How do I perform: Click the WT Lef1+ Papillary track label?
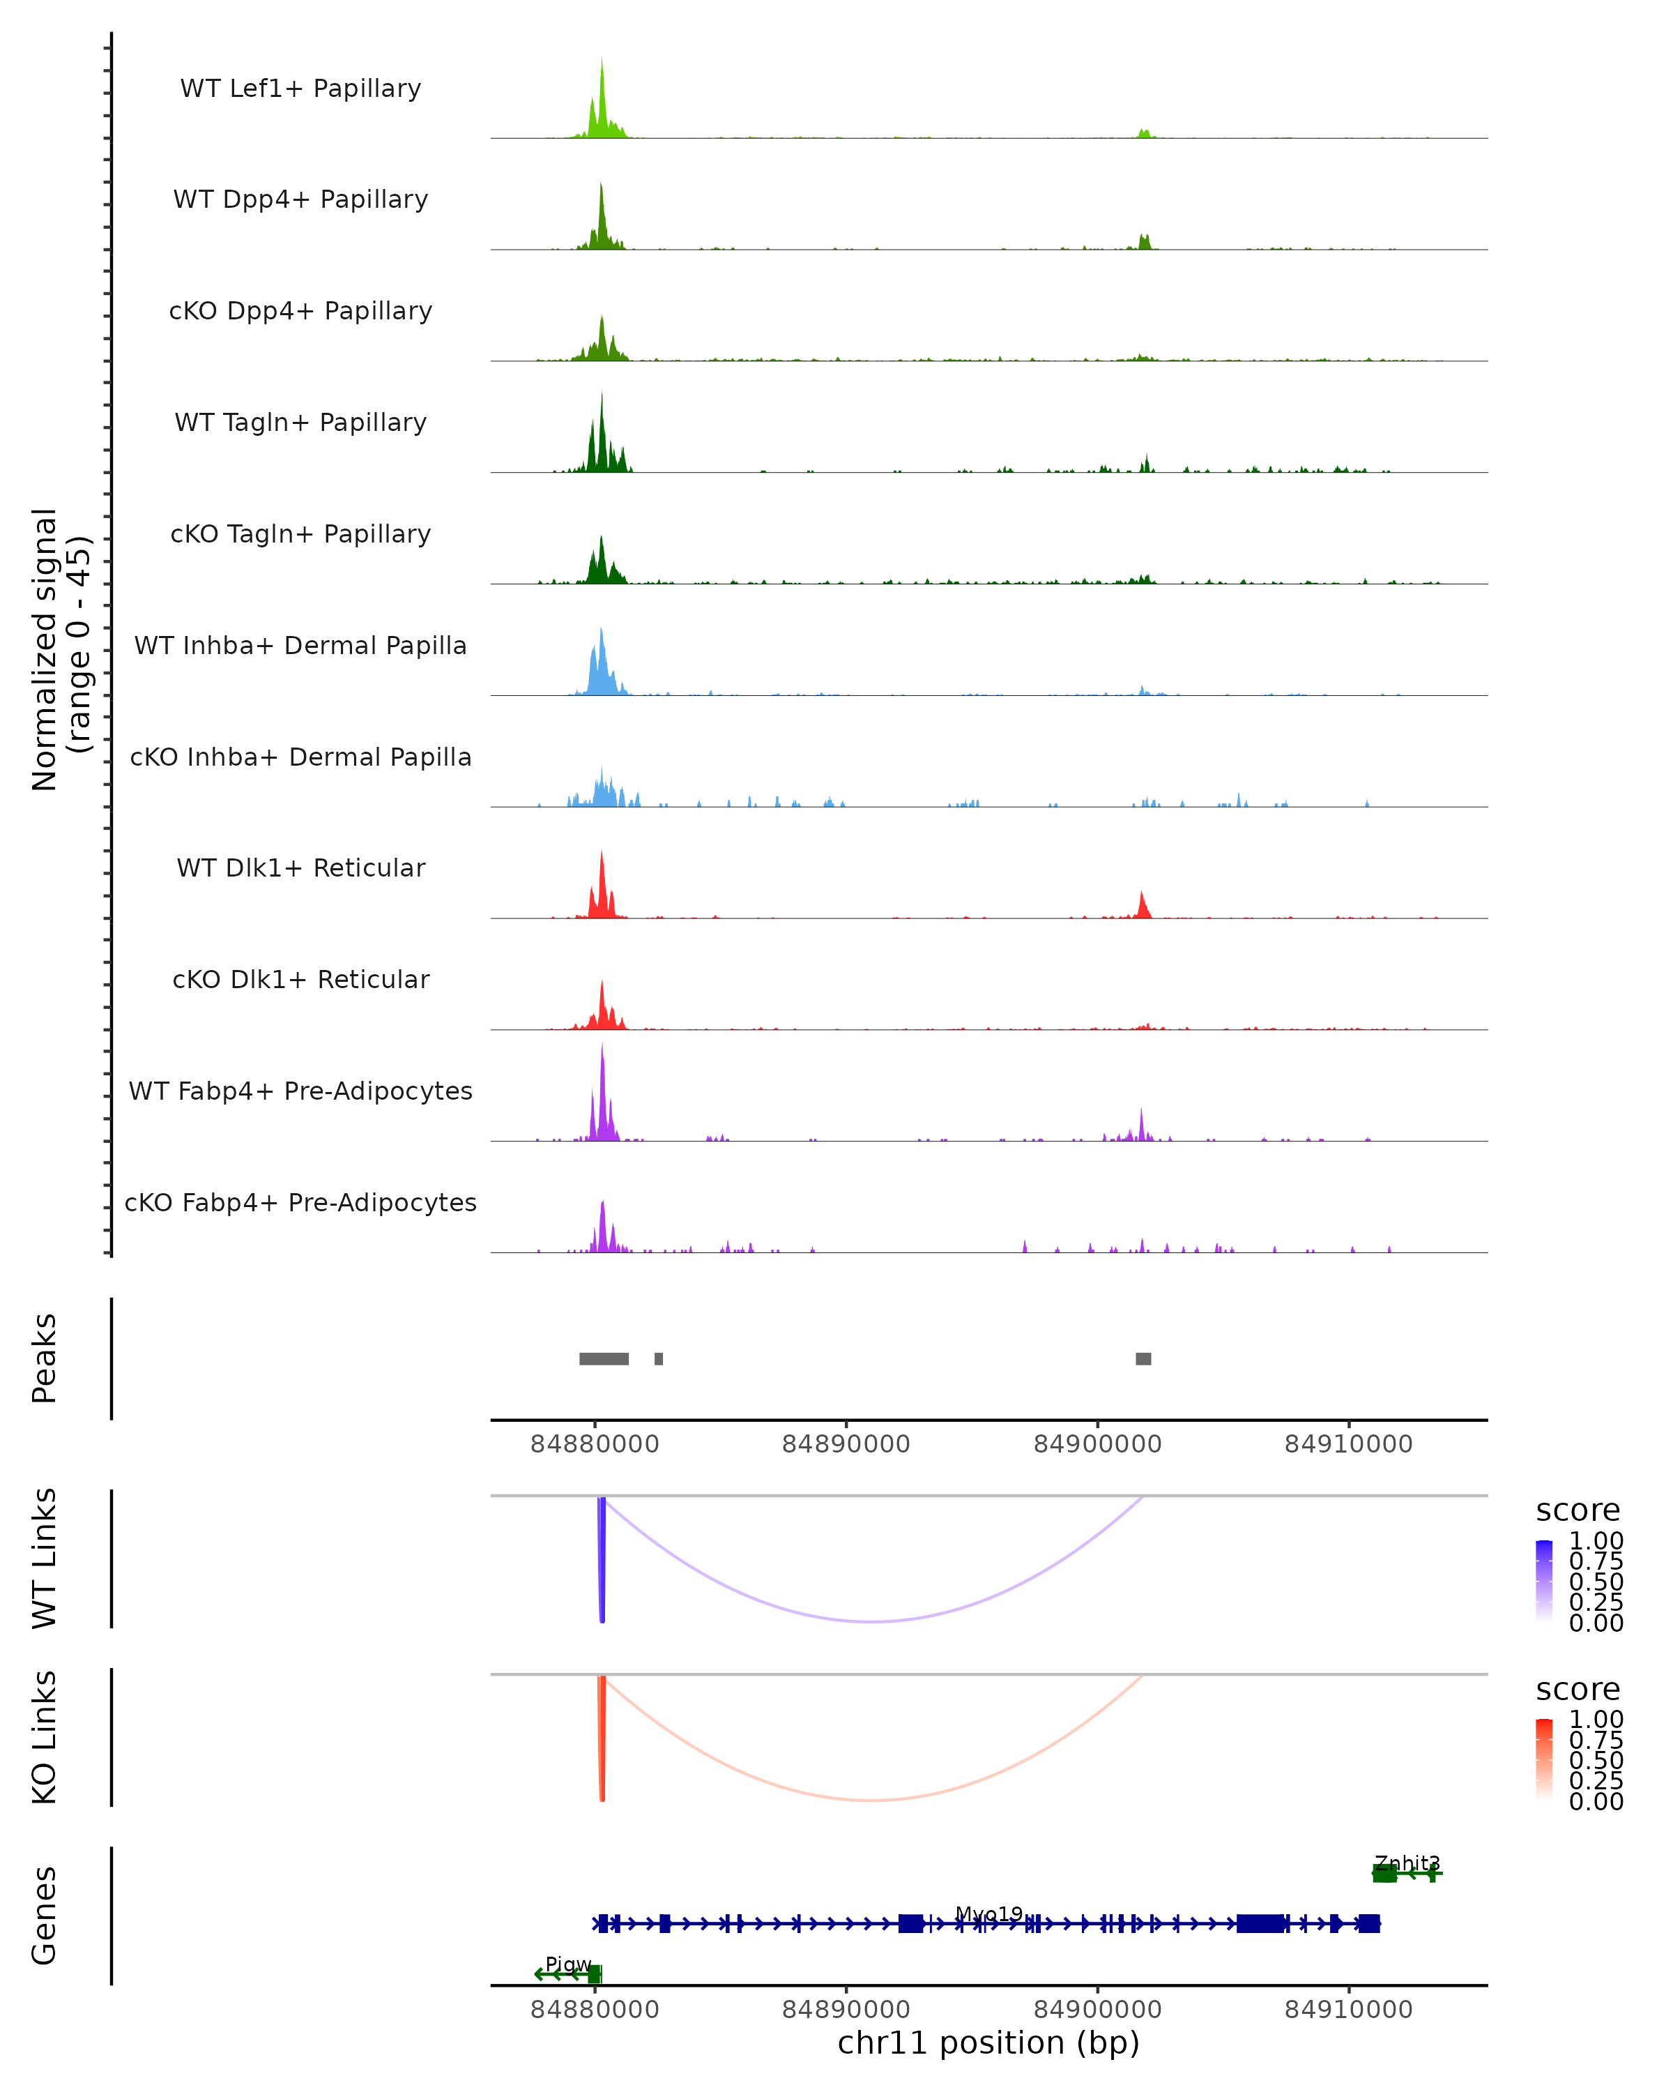[x=300, y=89]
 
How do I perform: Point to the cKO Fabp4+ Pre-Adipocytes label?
[x=300, y=1202]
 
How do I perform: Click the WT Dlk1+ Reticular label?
[x=300, y=867]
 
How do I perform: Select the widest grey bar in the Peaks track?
[x=603, y=1358]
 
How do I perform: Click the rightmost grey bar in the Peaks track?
[x=1143, y=1358]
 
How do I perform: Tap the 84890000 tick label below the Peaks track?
[x=846, y=1444]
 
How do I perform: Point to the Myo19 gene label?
[x=988, y=1914]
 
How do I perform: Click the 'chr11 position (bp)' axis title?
[x=988, y=2043]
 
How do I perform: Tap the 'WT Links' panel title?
[x=45, y=1559]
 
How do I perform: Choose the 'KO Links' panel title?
[x=45, y=1738]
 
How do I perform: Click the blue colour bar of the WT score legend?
[x=1544, y=1579]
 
